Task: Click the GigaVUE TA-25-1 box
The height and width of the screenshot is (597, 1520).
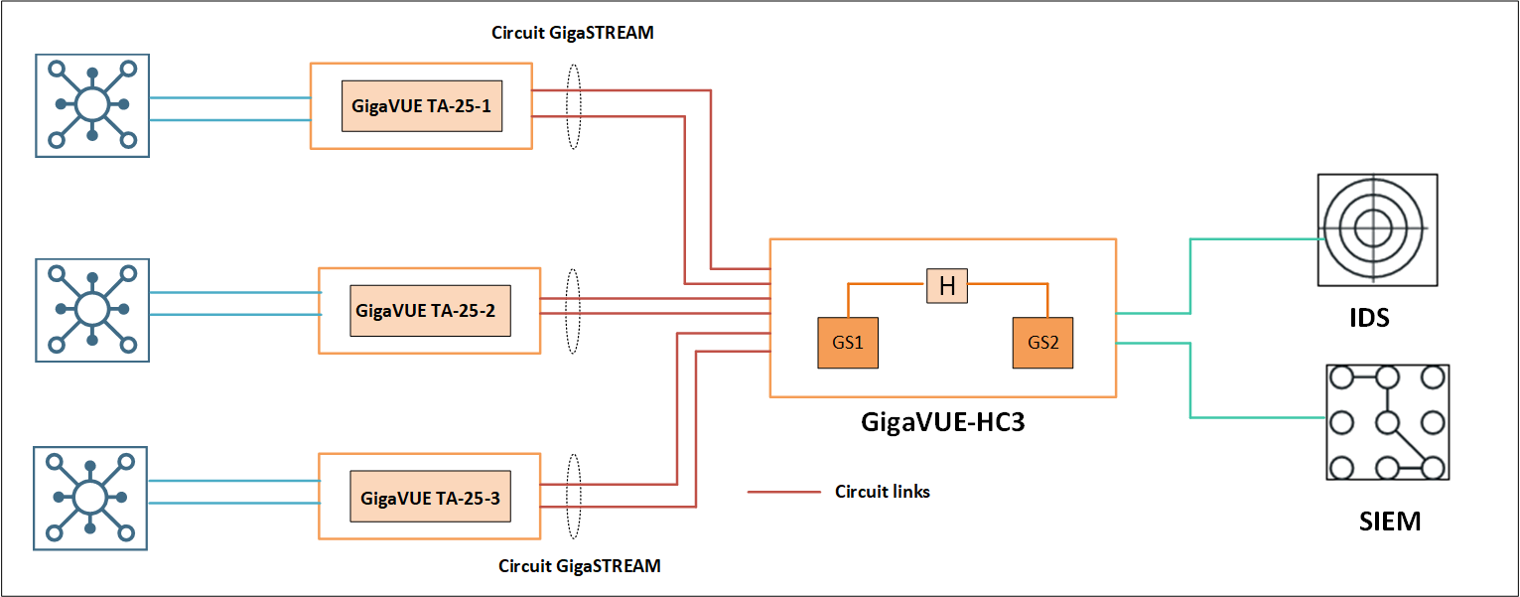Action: pos(422,106)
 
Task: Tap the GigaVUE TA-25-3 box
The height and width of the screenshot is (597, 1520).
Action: pos(430,497)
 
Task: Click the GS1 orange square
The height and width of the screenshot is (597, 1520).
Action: pos(848,343)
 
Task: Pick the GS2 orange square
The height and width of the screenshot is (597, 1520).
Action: pos(1043,343)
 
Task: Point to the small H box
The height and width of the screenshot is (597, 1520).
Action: pos(947,287)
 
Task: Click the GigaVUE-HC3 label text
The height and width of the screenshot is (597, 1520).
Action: pos(942,422)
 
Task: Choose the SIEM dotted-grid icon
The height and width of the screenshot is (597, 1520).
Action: pos(1386,422)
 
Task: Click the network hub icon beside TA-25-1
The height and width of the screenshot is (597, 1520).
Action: pos(92,105)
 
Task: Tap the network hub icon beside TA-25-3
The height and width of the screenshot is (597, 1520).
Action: pos(91,497)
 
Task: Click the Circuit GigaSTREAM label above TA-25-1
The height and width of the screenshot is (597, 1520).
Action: pos(573,32)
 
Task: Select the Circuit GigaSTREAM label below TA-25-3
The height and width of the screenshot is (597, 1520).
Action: pos(579,566)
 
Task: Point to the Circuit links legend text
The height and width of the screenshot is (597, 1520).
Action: pos(883,491)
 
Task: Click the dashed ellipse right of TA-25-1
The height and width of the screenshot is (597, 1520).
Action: pos(573,107)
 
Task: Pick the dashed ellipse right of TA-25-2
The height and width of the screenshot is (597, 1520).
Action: pos(572,311)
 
